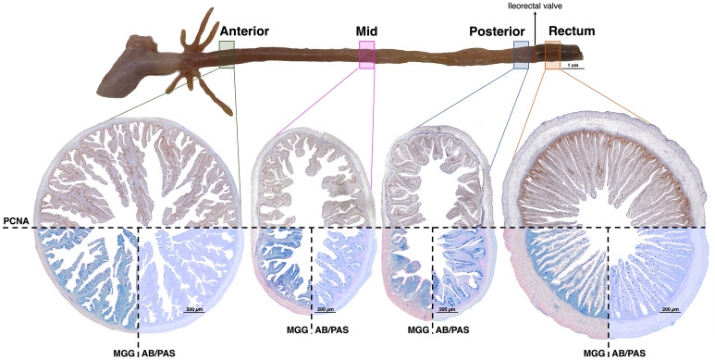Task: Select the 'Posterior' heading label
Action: coord(493,31)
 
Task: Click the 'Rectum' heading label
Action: coord(571,31)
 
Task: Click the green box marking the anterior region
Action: coord(227,54)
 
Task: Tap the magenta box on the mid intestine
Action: coord(366,56)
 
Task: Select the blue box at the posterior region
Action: coord(521,56)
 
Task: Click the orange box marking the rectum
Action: coord(552,56)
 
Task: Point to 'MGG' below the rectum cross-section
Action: coord(593,353)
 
